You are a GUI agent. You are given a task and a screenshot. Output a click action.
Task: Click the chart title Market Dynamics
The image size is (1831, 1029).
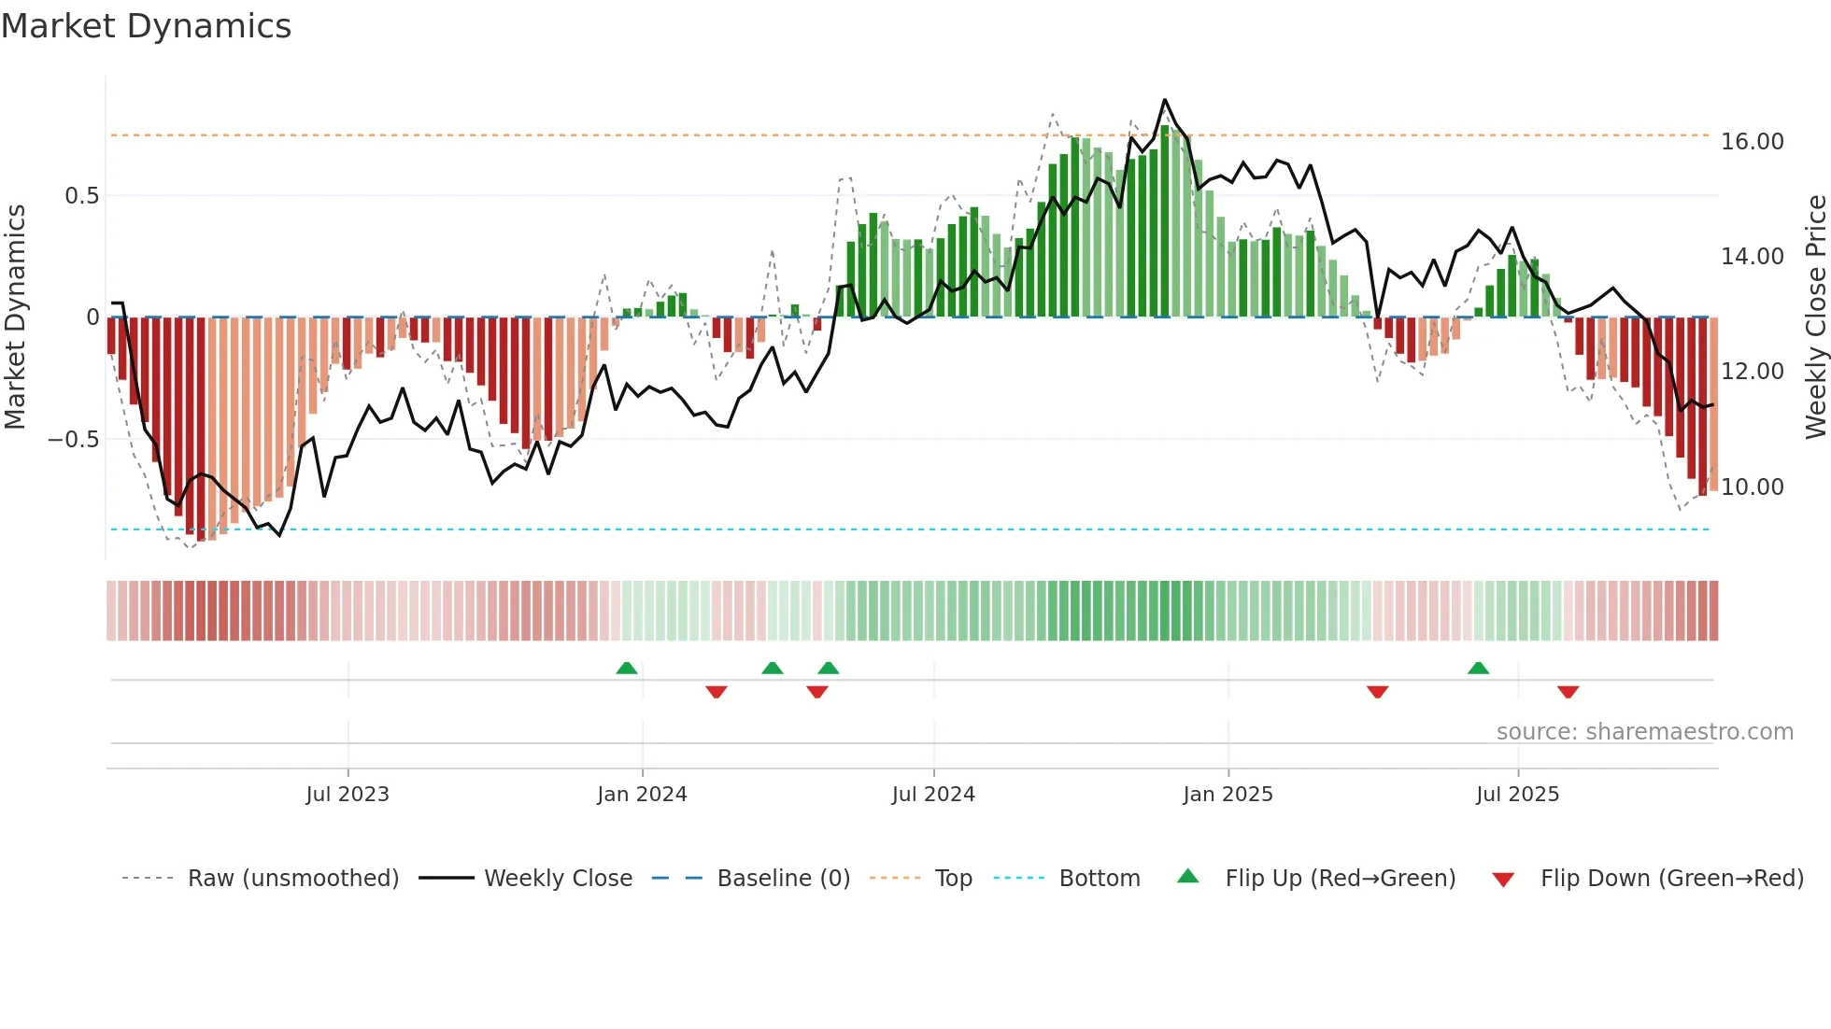point(146,26)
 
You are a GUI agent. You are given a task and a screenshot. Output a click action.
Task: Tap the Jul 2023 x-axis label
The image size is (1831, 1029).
point(347,795)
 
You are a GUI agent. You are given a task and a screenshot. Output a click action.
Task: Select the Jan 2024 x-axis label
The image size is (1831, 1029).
point(642,795)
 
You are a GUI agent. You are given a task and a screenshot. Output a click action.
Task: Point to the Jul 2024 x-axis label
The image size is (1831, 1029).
point(933,795)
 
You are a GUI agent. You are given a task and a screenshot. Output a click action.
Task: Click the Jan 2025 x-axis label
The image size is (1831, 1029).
point(1228,795)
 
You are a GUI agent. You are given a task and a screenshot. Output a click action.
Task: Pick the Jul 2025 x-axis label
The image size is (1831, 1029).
point(1517,795)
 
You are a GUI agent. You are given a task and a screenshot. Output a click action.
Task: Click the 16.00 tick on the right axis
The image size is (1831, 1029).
point(1752,142)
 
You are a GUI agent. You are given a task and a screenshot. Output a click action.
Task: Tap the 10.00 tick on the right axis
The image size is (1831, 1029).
point(1752,487)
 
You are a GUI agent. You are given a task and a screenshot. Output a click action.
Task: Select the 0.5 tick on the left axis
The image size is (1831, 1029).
point(82,196)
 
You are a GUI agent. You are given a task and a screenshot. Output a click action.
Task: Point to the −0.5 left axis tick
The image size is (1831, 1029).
point(74,440)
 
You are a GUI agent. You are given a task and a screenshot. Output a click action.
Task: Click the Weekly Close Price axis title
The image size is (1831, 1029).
point(1815,317)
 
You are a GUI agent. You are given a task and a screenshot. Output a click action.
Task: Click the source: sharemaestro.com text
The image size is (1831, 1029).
point(1644,732)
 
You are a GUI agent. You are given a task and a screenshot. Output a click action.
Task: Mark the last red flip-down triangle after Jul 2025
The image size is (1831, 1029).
point(1568,692)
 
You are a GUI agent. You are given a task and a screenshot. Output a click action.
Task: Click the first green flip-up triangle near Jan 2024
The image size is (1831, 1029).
point(627,669)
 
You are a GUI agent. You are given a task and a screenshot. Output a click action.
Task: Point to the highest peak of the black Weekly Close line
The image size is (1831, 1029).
point(1164,100)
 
